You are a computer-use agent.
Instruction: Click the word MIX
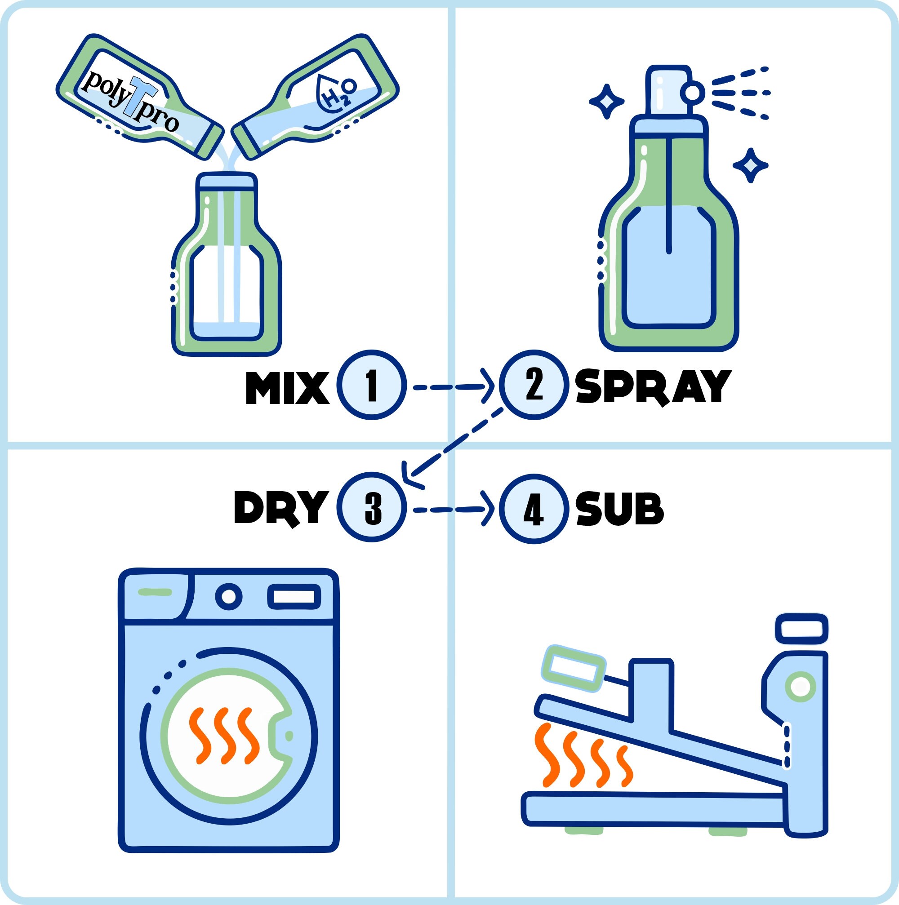(x=287, y=388)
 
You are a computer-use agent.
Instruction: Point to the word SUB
(x=620, y=509)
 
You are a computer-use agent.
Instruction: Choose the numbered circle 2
(x=534, y=384)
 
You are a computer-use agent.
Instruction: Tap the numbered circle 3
(x=371, y=508)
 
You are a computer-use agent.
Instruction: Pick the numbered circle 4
(x=534, y=509)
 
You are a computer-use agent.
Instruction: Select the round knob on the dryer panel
(x=229, y=596)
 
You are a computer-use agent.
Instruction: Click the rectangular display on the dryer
(x=294, y=597)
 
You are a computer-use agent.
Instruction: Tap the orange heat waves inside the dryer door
(x=224, y=735)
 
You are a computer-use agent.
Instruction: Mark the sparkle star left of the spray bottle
(x=606, y=101)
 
